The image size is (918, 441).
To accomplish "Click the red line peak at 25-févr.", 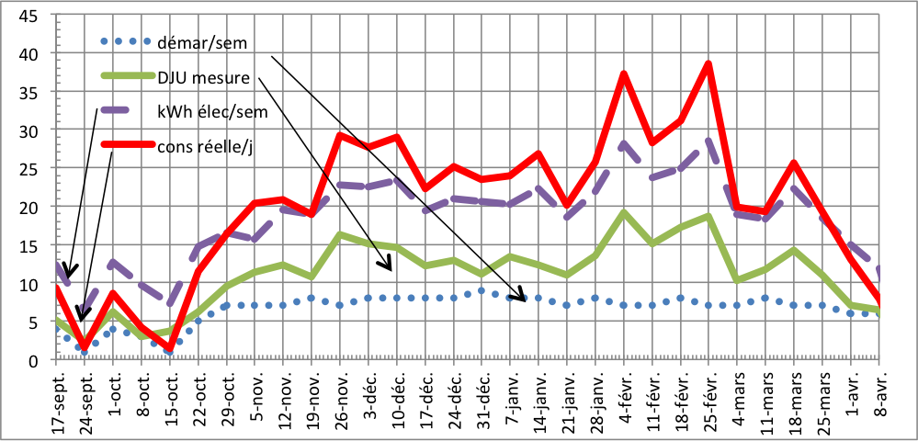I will point(708,63).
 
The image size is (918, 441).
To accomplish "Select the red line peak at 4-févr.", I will point(624,73).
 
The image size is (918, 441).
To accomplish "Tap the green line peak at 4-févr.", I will point(624,212).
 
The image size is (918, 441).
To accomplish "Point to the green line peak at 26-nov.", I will point(340,234).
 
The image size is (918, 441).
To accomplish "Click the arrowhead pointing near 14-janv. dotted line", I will point(524,298).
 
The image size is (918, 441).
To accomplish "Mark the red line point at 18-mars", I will point(794,164).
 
